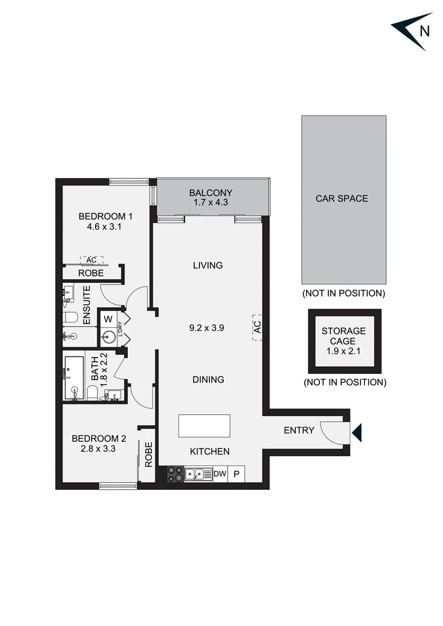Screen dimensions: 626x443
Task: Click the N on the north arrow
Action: pos(424,31)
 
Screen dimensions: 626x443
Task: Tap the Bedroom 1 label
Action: pos(106,217)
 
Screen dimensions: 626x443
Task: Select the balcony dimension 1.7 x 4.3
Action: pos(211,203)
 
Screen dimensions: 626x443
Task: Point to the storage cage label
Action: pos(344,336)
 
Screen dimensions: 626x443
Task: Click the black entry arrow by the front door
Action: pos(357,432)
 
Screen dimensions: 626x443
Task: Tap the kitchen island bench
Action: pos(204,426)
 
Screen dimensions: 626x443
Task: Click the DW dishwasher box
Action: pos(220,474)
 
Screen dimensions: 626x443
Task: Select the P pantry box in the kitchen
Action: pos(237,474)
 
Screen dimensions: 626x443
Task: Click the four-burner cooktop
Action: pos(176,474)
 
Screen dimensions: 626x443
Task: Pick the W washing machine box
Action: pos(108,319)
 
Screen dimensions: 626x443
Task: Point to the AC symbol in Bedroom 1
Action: pos(91,260)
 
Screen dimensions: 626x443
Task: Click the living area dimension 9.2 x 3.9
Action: pos(207,327)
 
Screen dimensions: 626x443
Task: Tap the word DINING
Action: pos(208,380)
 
